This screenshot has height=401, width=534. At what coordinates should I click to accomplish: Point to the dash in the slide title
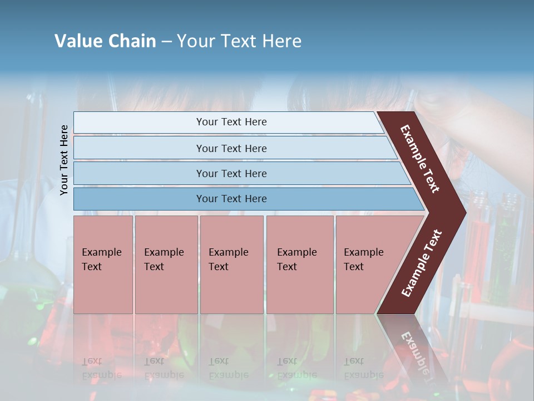166,42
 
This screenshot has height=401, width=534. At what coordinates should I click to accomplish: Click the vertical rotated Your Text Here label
64,160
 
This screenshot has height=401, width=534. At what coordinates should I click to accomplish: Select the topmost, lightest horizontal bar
228,122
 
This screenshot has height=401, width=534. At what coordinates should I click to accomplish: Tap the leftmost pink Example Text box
103,265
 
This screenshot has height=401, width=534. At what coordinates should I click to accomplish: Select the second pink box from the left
166,265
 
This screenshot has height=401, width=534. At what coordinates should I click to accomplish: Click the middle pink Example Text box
231,265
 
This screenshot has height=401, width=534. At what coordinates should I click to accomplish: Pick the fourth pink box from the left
300,265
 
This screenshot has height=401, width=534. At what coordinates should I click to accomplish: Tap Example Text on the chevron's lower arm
422,263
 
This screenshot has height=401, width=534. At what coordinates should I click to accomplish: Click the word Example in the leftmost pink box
101,252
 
